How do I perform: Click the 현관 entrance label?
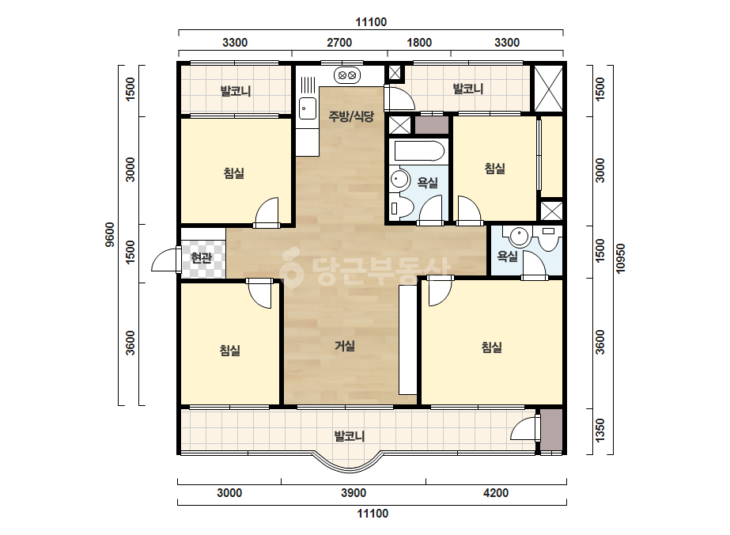tap(202, 258)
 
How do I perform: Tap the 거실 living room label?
tap(345, 346)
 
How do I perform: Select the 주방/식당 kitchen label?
tap(351, 116)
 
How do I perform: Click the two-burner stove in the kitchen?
tap(347, 74)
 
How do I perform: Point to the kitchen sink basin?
tap(307, 108)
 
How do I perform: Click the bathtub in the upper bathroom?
tap(419, 151)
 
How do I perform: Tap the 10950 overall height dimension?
tap(620, 259)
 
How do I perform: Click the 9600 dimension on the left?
tap(110, 235)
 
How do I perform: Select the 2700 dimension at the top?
tap(339, 43)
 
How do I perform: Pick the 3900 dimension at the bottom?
tap(354, 493)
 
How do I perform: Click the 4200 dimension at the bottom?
tap(496, 493)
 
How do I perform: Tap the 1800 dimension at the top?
tap(419, 43)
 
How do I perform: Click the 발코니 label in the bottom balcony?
tap(350, 437)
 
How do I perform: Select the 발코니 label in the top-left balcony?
tap(236, 91)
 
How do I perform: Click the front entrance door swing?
tap(166, 260)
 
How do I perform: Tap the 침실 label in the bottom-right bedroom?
tap(492, 347)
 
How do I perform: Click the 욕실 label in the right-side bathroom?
tap(508, 256)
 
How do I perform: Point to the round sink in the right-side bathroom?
tap(519, 236)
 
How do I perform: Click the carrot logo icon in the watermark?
tap(292, 267)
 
